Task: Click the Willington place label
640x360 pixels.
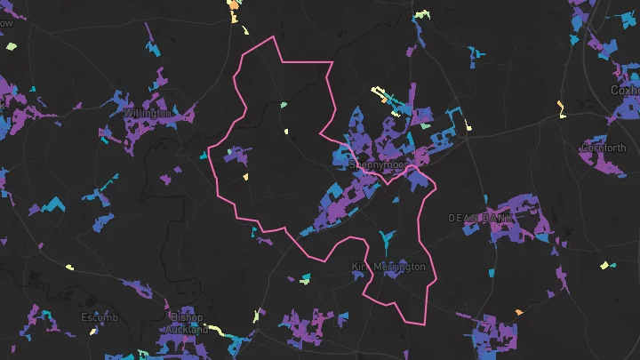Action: pyautogui.click(x=147, y=114)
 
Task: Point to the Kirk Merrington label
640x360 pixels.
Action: pyautogui.click(x=388, y=267)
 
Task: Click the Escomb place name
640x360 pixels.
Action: pyautogui.click(x=99, y=317)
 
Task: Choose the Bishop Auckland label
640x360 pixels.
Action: pyautogui.click(x=185, y=324)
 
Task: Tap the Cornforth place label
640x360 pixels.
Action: pyautogui.click(x=604, y=148)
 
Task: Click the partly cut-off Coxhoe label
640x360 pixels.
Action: pyautogui.click(x=625, y=90)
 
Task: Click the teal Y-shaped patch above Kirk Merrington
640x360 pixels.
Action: pyautogui.click(x=385, y=239)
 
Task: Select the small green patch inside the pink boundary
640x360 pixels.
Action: pyautogui.click(x=284, y=105)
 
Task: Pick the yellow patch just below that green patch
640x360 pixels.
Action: pyautogui.click(x=286, y=132)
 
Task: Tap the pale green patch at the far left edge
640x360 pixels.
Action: pyautogui.click(x=11, y=46)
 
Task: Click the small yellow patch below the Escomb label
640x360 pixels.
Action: pyautogui.click(x=93, y=332)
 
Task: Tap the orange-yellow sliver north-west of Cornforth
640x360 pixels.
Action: pyautogui.click(x=560, y=108)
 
